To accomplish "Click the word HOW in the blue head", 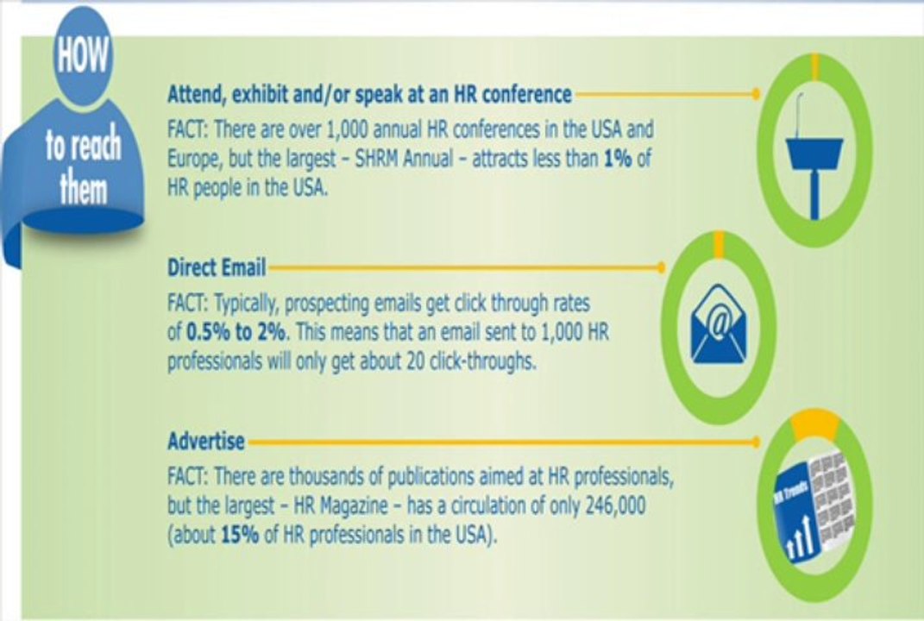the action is click(83, 55).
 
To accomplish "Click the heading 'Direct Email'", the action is click(217, 267).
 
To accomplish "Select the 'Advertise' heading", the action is click(205, 441).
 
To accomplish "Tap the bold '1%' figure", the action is click(618, 159).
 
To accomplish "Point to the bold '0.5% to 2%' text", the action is click(236, 332).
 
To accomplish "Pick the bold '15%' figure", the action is click(240, 535).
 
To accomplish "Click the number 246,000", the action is click(616, 505).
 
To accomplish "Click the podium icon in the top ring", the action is click(815, 156).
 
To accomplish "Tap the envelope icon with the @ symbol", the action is click(719, 323).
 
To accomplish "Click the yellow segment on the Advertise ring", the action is click(815, 425).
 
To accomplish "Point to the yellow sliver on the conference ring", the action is click(815, 66).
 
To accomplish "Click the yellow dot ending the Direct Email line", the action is click(661, 268).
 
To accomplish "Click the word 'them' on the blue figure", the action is click(83, 190).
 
